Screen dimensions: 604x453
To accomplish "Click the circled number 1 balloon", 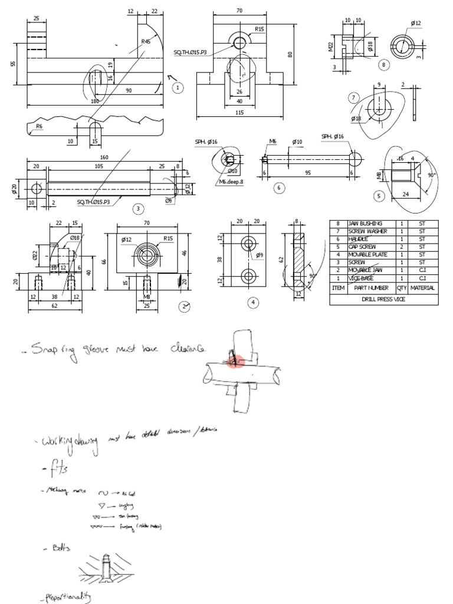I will [x=178, y=87].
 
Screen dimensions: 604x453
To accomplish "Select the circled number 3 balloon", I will [x=137, y=208].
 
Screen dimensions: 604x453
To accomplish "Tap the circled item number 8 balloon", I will [x=384, y=65].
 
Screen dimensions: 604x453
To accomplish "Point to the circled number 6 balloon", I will [x=279, y=188].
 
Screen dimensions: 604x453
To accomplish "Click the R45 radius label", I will [x=145, y=42].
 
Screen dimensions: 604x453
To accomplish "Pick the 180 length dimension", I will [x=94, y=101].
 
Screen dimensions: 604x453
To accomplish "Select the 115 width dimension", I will [x=239, y=112].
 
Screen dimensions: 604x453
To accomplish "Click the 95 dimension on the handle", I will [x=308, y=172].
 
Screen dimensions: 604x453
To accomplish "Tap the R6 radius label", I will [x=39, y=126].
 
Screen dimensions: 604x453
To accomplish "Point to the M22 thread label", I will [x=331, y=47].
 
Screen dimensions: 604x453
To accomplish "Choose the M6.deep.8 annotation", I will [x=231, y=182].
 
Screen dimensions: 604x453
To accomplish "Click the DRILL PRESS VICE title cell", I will [x=383, y=299].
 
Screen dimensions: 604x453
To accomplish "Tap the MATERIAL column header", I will [x=422, y=288].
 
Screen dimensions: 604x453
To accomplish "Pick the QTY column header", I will [x=402, y=288].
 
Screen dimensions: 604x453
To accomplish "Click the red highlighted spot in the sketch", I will [x=234, y=360].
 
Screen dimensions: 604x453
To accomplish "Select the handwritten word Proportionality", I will [x=65, y=599].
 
